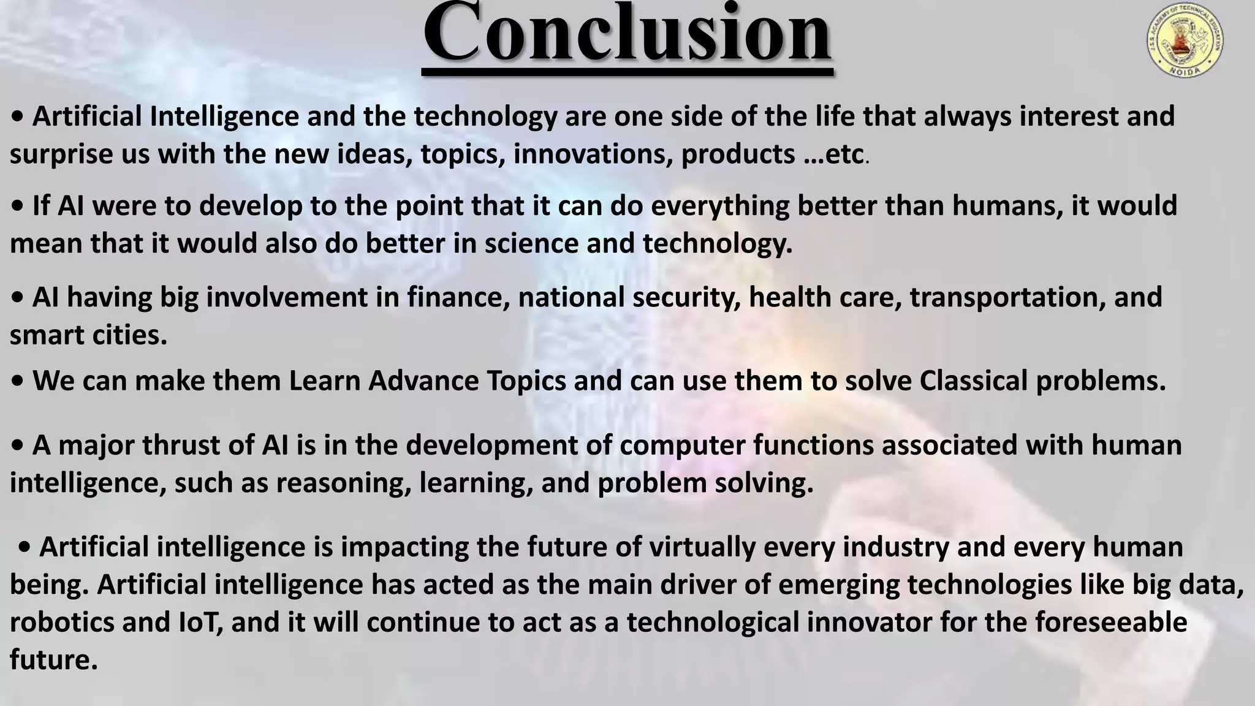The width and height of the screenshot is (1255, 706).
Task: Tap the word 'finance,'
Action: [458, 298]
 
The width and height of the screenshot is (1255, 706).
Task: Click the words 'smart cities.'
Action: [88, 335]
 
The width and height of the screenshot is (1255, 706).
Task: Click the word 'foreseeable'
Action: [1111, 623]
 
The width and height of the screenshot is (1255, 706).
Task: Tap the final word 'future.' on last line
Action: [54, 661]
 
